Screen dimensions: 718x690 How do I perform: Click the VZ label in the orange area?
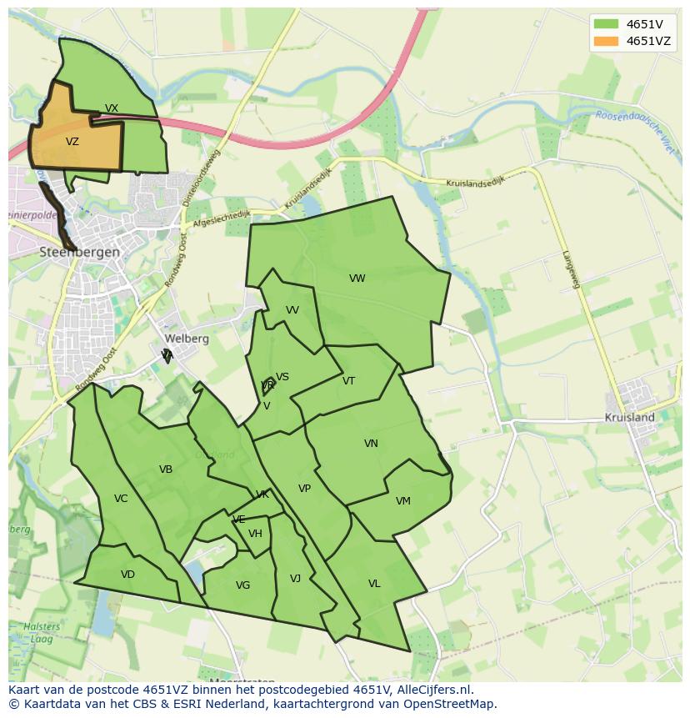(x=72, y=142)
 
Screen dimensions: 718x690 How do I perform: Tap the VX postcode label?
(x=112, y=108)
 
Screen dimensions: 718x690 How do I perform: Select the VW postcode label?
(x=357, y=279)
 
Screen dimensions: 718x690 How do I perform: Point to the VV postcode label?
(x=292, y=310)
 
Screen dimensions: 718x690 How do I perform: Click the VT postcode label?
(x=348, y=381)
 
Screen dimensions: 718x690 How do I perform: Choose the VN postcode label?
(x=371, y=444)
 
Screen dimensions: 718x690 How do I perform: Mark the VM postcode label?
(x=403, y=501)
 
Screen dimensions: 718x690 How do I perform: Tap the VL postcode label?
(x=374, y=584)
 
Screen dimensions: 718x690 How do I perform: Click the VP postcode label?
(x=304, y=489)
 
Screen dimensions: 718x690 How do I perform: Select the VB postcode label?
(x=166, y=469)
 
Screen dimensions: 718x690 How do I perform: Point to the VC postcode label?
(x=121, y=499)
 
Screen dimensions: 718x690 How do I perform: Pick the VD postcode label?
(x=127, y=575)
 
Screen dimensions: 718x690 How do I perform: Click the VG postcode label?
(x=242, y=585)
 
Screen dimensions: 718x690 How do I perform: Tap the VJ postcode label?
(x=295, y=579)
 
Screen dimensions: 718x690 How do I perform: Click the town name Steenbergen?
(x=80, y=252)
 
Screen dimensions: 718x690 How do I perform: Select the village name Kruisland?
(x=630, y=417)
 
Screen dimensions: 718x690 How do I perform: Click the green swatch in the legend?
(x=606, y=24)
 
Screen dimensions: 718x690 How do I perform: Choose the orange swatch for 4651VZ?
(x=606, y=41)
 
